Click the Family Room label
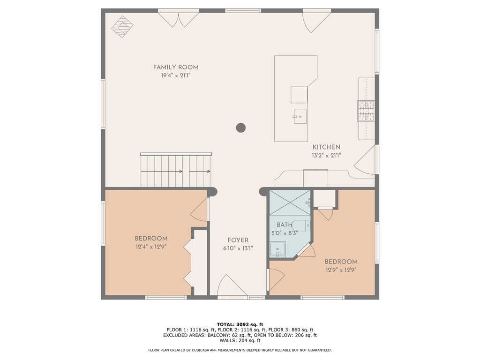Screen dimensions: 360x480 tap(176, 67)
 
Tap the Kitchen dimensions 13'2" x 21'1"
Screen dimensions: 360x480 tap(327, 156)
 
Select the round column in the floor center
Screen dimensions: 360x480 tap(241, 127)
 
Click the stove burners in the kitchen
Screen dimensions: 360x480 tap(366, 111)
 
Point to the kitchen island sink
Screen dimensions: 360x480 tap(300, 116)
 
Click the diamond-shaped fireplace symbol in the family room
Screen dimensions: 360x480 tap(122, 27)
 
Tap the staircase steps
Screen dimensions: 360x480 tap(175, 171)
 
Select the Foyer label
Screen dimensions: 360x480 tap(238, 240)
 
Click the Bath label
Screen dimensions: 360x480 tap(285, 225)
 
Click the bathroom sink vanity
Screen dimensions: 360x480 tap(277, 249)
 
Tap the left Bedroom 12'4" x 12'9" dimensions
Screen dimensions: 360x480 tap(151, 246)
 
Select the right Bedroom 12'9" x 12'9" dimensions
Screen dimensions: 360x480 tap(341, 270)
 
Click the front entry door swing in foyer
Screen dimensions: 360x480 tap(232, 286)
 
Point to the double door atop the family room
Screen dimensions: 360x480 tap(178, 19)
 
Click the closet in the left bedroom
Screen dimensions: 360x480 tap(200, 262)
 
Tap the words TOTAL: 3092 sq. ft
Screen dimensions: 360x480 tap(240, 324)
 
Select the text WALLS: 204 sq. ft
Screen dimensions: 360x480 tap(240, 341)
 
